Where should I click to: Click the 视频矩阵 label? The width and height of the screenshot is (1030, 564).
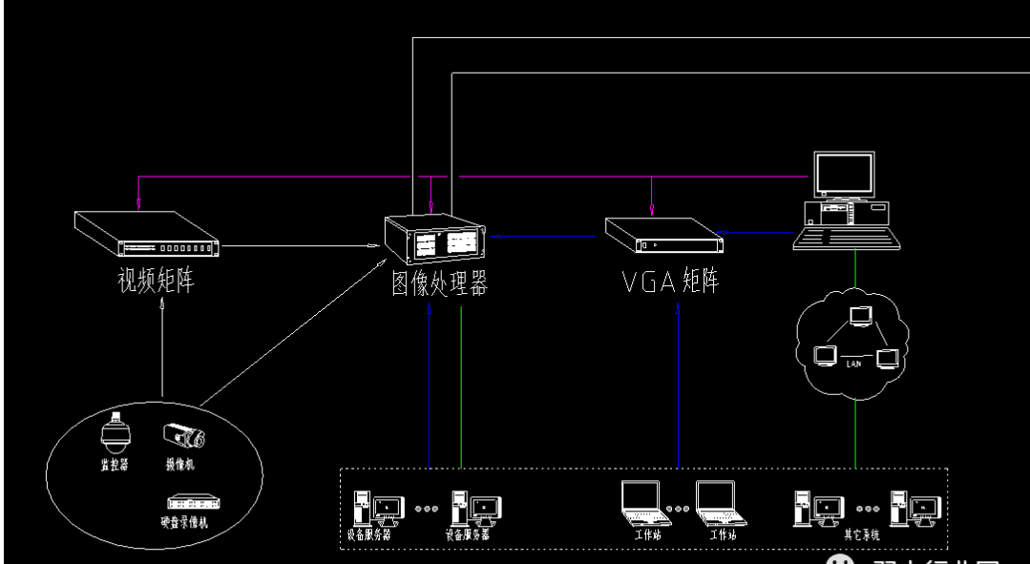tap(155, 282)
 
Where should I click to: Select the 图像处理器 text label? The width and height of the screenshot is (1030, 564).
tap(440, 282)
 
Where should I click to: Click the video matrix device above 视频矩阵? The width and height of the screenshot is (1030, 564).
tap(147, 234)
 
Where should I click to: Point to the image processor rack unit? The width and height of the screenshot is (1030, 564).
tap(434, 240)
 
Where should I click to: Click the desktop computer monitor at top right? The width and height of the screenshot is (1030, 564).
tap(844, 176)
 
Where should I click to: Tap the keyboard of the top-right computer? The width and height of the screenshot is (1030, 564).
tap(847, 238)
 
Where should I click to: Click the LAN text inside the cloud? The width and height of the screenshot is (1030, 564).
tap(853, 364)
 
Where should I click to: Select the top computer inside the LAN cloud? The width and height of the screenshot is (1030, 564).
tap(860, 316)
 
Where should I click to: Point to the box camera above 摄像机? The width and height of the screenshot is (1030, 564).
tap(183, 435)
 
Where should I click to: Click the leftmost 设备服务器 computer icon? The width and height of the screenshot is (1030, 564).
tap(374, 508)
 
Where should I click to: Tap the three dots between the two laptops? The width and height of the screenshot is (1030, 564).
tap(678, 509)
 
